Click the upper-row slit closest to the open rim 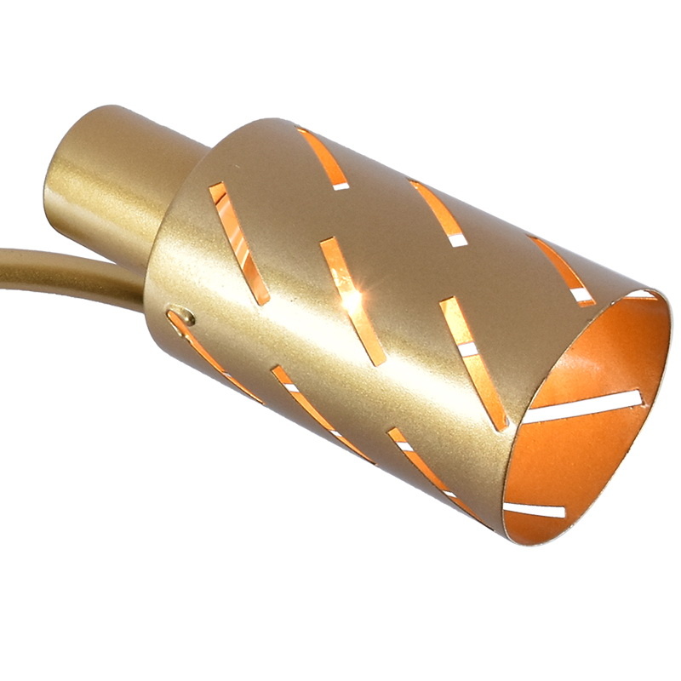pos(562,270)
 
